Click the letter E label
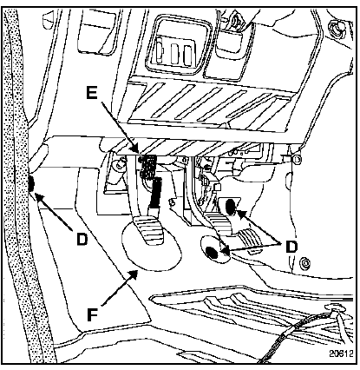(x=93, y=93)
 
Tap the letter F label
(x=93, y=314)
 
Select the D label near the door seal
(x=82, y=240)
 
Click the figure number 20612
(x=341, y=353)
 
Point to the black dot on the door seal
(x=31, y=183)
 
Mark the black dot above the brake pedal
(x=231, y=207)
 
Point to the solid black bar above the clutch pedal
(x=155, y=193)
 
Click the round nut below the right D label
(x=305, y=263)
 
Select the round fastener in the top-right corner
(x=337, y=27)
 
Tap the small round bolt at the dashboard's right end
(x=298, y=159)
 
